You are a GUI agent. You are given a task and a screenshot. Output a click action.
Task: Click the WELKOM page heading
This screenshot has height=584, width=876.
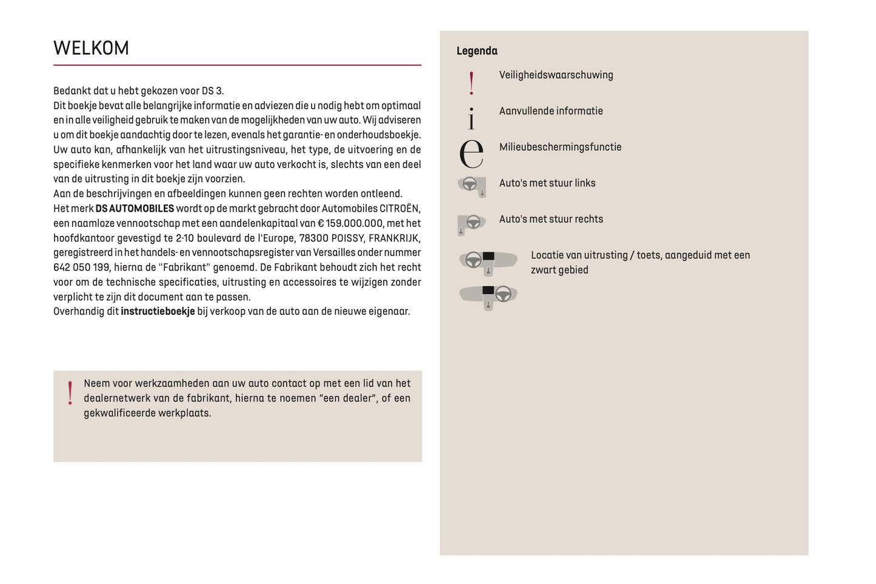pos(91,48)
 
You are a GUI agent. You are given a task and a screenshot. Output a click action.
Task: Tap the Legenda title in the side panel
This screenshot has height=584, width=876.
pos(476,51)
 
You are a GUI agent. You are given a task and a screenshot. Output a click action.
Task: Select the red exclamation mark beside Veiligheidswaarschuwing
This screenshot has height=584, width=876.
pos(472,82)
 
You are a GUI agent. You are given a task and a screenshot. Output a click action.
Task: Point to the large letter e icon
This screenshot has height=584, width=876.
pos(471,153)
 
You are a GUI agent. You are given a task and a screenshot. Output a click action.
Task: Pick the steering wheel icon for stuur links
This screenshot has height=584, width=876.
pos(472,186)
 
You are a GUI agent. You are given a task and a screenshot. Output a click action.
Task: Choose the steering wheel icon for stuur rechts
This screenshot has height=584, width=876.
pos(471,223)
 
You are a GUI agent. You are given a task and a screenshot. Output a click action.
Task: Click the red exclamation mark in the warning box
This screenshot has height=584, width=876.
pos(70,392)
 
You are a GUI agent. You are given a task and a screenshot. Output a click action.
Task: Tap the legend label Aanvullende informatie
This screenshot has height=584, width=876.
pos(550,111)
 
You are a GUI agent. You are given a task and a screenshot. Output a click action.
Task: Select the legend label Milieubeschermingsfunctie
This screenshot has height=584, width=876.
pos(560,147)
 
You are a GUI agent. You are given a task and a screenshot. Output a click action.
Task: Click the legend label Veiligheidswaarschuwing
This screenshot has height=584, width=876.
pos(556,75)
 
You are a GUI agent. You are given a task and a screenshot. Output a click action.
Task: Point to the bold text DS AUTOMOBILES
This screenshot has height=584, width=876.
pos(135,209)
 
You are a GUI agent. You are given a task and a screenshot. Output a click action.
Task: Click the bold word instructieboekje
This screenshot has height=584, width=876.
pos(158,312)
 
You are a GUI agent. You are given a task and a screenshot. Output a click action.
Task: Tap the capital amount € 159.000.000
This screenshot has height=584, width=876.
pos(350,223)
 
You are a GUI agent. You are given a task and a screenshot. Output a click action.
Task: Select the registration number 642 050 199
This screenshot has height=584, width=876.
pos(81,267)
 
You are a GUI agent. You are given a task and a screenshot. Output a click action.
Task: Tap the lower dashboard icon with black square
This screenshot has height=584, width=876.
pos(488,296)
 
